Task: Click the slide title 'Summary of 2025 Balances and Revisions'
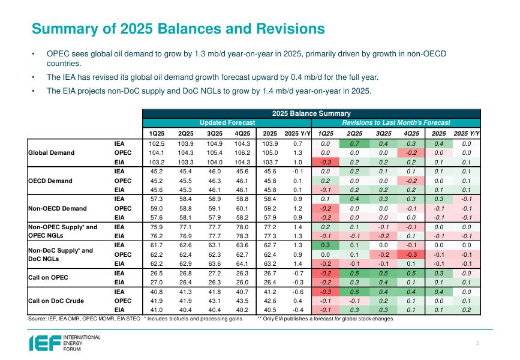tap(178, 29)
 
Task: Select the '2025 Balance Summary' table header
tap(311, 113)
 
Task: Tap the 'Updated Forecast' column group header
tap(227, 122)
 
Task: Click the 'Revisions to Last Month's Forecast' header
tap(396, 122)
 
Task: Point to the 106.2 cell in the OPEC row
tap(244, 152)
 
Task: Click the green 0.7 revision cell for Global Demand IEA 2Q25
tap(354, 144)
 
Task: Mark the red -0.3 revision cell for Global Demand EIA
tap(325, 161)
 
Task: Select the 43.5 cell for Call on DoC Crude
tap(244, 301)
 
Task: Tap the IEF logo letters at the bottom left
tap(44, 343)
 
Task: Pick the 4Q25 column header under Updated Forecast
tap(244, 133)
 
